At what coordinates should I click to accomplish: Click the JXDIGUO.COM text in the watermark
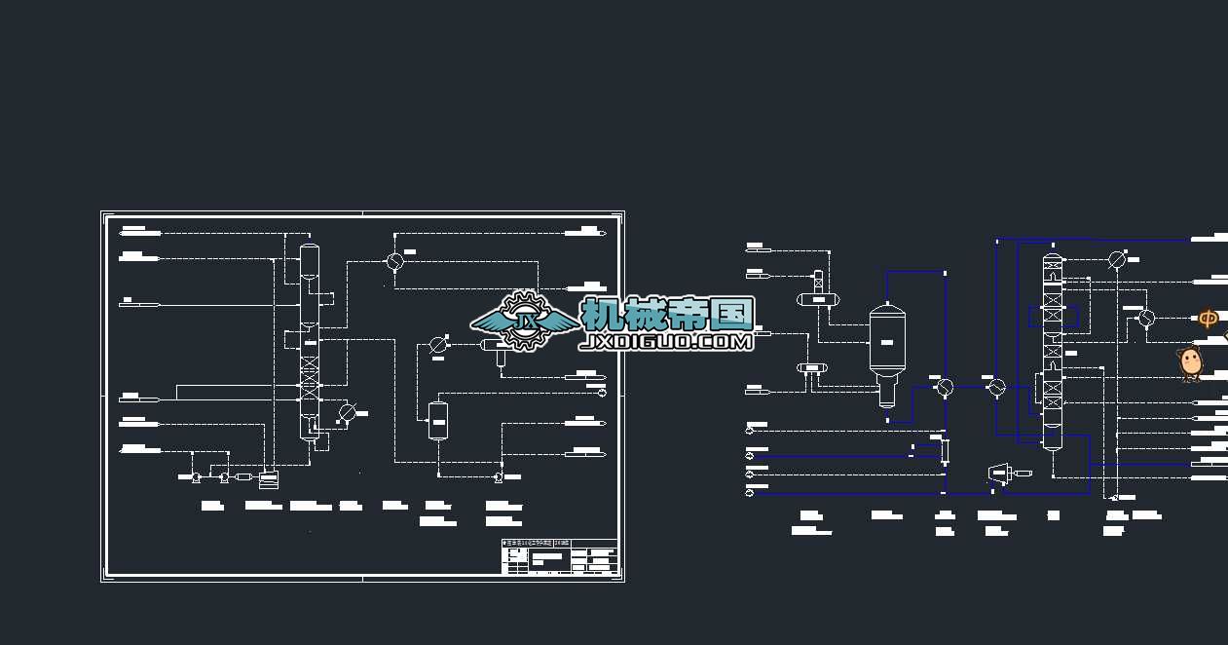point(666,342)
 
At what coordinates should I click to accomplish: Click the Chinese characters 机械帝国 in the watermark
point(667,313)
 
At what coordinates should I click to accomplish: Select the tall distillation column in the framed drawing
point(310,341)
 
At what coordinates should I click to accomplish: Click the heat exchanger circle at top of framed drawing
point(394,261)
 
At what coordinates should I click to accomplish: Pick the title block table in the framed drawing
point(559,557)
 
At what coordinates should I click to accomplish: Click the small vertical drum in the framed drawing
point(438,420)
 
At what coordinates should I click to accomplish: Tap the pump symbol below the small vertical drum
point(498,476)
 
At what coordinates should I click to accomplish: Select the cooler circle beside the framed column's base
point(348,414)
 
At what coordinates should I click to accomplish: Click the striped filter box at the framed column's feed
point(269,477)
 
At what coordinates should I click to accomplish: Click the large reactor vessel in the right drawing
point(887,341)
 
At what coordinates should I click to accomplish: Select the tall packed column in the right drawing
point(1053,351)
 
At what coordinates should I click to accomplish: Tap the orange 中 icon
point(1208,319)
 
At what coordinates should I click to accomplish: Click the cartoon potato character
point(1190,361)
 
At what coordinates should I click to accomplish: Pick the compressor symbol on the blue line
point(1000,474)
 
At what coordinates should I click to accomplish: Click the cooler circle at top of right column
point(1117,260)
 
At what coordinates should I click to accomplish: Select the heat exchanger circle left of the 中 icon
point(1146,318)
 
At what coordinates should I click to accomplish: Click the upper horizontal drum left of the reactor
point(813,299)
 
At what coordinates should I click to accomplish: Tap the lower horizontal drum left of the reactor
point(811,367)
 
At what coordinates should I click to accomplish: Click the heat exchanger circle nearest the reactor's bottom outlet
point(944,387)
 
